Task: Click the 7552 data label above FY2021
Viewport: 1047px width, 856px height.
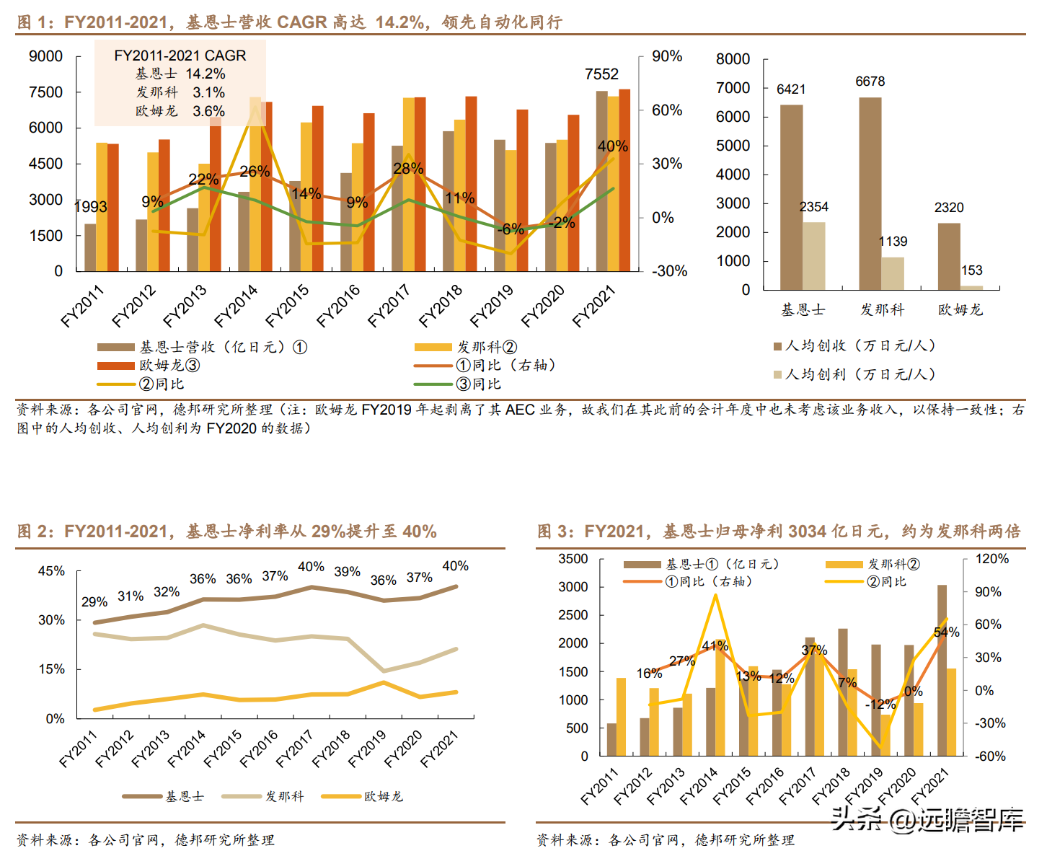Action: (601, 74)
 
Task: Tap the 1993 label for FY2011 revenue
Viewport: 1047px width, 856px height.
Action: (91, 207)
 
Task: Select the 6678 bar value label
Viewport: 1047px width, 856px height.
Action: (870, 81)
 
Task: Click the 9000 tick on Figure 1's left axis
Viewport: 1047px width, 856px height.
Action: (45, 56)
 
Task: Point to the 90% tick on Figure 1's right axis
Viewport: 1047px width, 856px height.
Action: (667, 56)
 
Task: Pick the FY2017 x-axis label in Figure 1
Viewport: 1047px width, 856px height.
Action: (389, 306)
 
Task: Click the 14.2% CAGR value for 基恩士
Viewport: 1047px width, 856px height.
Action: (206, 74)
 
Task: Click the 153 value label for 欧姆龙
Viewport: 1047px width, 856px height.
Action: (971, 270)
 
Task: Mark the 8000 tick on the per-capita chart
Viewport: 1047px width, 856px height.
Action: (733, 59)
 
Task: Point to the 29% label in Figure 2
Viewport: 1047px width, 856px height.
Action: (94, 601)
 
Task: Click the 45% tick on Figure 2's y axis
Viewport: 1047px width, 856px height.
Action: (51, 571)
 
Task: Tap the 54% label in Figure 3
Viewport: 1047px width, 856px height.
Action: (946, 632)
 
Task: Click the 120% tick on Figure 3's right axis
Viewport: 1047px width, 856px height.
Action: (992, 559)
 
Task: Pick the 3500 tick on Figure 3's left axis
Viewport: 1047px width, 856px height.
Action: (573, 559)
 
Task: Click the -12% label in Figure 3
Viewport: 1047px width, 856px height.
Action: (880, 705)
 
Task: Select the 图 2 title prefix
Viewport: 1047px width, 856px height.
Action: (35, 532)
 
